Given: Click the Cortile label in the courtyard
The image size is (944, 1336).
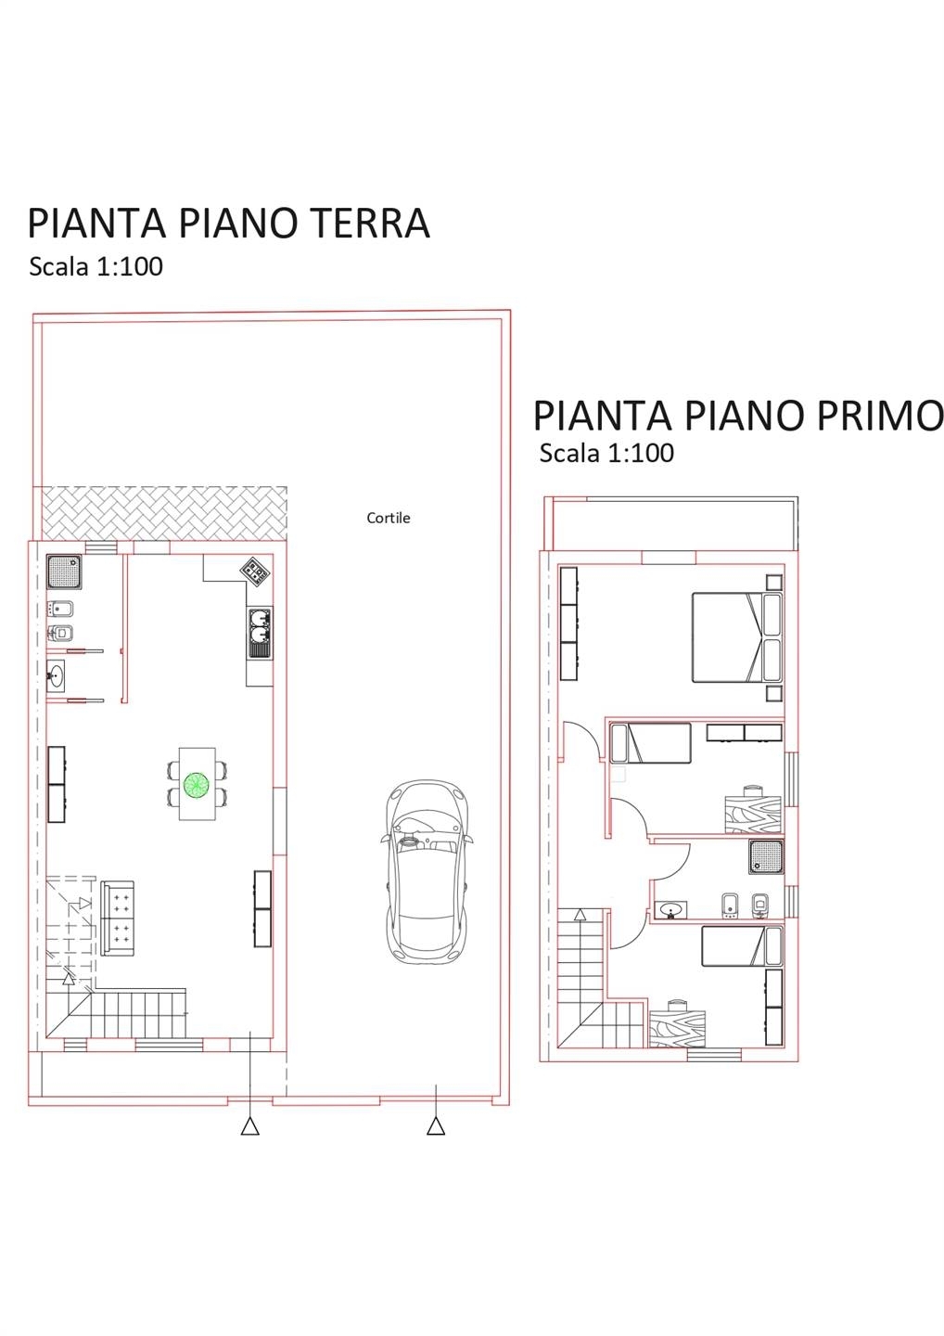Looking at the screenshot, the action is (x=388, y=518).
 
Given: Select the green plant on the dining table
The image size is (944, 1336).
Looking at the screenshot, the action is (x=196, y=784).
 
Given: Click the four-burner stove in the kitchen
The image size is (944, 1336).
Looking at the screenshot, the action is (x=255, y=571).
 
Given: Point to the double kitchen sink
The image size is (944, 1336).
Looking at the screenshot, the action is (x=261, y=633).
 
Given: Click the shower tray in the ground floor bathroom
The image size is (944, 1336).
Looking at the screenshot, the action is (x=64, y=572).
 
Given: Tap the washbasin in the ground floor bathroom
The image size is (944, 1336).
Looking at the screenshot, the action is (x=56, y=676).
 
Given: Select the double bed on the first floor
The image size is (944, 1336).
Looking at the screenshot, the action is (x=737, y=636).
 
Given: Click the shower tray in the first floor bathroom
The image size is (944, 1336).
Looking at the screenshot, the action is (x=766, y=856).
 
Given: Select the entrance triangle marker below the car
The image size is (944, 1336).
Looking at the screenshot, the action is (x=436, y=1126).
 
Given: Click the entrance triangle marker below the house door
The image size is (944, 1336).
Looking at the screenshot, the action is (x=250, y=1126).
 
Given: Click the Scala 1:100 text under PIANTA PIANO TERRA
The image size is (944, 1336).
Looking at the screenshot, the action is (x=96, y=266).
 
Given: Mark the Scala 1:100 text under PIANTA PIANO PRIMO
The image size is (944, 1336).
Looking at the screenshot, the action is (x=606, y=453).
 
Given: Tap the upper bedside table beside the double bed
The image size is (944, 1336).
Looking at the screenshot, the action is (x=773, y=582).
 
